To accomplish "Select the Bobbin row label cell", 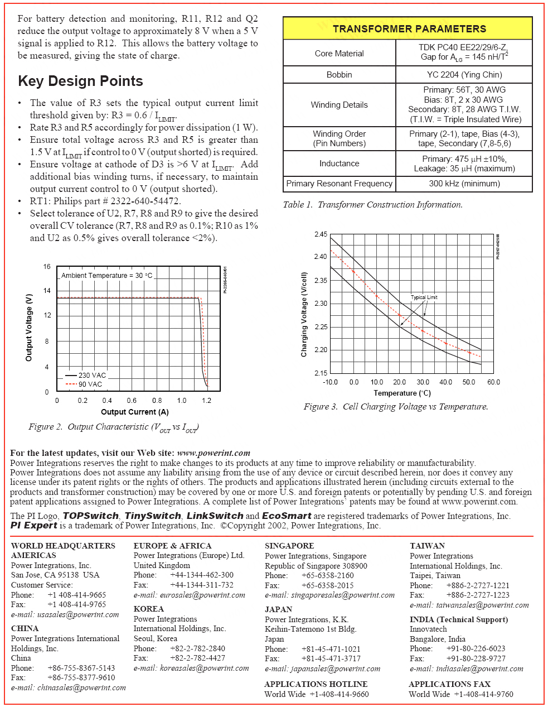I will point(339,75).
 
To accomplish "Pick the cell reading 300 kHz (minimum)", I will point(464,184).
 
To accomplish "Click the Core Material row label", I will point(339,54).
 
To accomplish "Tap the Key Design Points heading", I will point(80,81).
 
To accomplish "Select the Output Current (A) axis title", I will point(134,412).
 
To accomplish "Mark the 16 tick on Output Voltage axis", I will point(47,267).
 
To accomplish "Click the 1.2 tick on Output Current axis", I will point(206,401).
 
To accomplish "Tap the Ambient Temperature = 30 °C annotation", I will point(106,276).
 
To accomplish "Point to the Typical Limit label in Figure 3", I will point(424,297).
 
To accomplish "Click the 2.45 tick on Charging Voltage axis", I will point(321,234).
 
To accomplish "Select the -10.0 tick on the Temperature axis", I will point(330,382).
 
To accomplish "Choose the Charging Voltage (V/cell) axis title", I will point(304,315).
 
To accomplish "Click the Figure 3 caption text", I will point(396,407).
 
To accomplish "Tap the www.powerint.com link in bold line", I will point(214,453).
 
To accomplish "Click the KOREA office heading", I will point(148,609).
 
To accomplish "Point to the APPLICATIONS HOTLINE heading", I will point(316,684).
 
